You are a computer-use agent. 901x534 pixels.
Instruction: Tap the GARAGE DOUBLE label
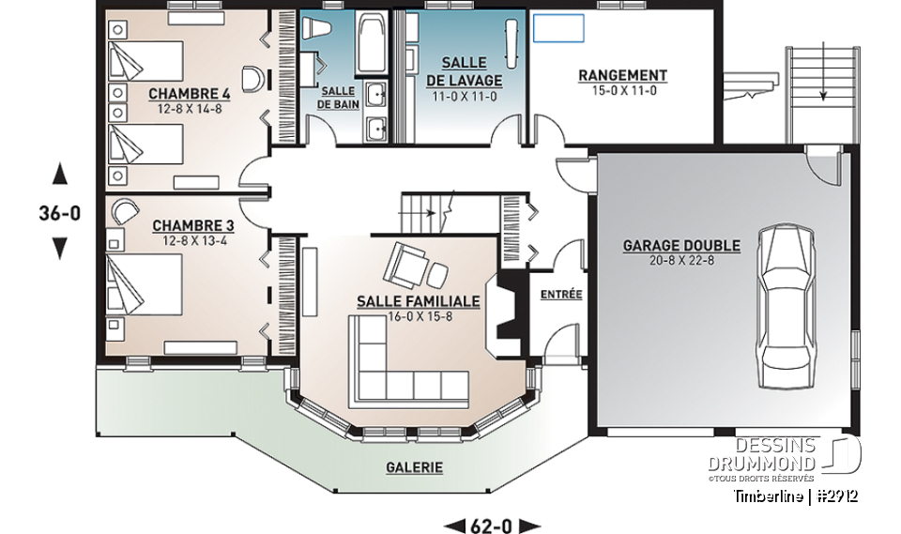[681, 246]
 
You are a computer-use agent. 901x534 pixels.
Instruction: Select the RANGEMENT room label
[622, 75]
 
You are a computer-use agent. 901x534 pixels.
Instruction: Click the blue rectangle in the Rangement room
[558, 28]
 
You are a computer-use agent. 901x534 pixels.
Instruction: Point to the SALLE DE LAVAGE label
[464, 71]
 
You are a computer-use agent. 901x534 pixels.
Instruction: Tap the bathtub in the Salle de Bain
[369, 43]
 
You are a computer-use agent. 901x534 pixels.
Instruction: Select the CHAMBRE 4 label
[190, 94]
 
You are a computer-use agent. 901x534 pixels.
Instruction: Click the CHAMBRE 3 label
[192, 226]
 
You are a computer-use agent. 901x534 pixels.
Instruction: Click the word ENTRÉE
[561, 295]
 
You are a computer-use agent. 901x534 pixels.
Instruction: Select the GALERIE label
[414, 466]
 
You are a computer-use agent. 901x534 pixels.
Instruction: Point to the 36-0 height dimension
[60, 213]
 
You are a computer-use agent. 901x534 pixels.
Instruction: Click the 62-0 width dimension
[491, 525]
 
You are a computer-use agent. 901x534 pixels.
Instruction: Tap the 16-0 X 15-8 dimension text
[419, 316]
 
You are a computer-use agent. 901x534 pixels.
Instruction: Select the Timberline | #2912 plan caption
[796, 496]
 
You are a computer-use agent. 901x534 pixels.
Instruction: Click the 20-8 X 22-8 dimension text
[681, 260]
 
